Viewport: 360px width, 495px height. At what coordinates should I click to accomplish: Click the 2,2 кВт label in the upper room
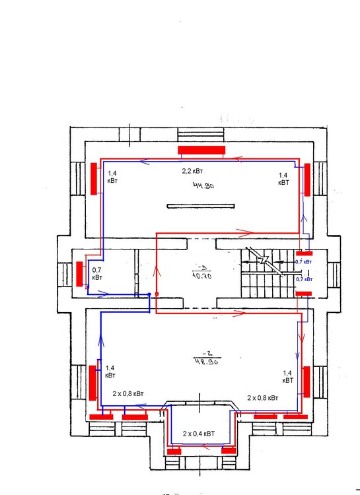(x=196, y=170)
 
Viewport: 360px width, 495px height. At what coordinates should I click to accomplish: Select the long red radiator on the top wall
(x=201, y=150)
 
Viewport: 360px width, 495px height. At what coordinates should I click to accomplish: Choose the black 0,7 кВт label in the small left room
(x=97, y=274)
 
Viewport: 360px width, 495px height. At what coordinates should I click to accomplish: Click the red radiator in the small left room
(x=79, y=275)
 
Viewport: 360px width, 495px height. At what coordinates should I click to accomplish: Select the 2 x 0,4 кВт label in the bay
(x=199, y=434)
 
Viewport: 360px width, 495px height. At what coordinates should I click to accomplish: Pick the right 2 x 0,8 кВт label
(x=263, y=398)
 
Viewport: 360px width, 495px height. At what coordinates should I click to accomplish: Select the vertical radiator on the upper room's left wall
(x=94, y=178)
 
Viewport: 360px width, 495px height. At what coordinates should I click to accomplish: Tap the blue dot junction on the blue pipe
(x=150, y=294)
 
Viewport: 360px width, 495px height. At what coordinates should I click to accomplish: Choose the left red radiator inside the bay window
(x=174, y=451)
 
